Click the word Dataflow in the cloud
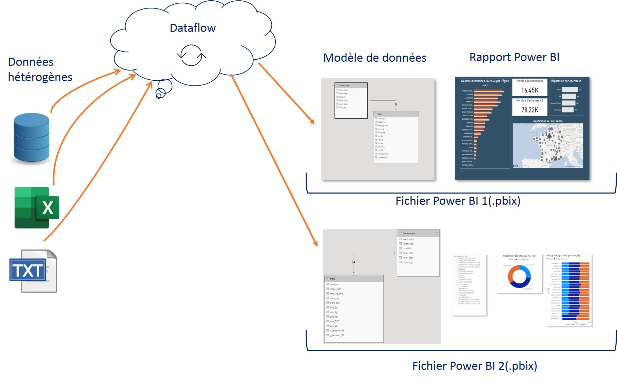[x=192, y=28]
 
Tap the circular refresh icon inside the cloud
[x=191, y=55]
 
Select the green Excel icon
[x=37, y=207]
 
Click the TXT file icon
[x=33, y=271]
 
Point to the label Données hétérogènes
[x=40, y=69]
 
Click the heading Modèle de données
[x=374, y=58]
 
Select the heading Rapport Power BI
[x=514, y=57]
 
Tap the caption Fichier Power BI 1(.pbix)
[x=458, y=201]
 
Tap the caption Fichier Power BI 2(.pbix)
[x=475, y=366]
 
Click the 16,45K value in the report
[x=530, y=91]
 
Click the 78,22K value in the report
[x=530, y=110]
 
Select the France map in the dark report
[x=547, y=146]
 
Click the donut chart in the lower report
[x=519, y=276]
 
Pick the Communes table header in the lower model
[x=409, y=233]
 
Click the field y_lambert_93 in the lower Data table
[x=337, y=335]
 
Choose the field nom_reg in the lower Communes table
[x=407, y=262]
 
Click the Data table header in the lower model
[x=333, y=279]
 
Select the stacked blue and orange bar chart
[x=575, y=291]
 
